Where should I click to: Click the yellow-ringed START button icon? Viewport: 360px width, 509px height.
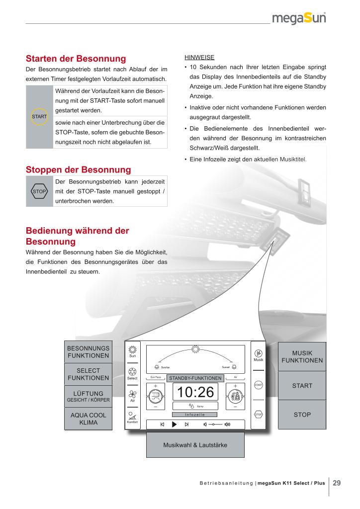coord(39,116)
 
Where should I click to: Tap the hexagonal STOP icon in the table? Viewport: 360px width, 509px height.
coord(39,191)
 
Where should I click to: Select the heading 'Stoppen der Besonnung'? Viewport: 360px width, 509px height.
coord(78,170)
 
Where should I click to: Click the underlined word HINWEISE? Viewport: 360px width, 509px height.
coord(196,57)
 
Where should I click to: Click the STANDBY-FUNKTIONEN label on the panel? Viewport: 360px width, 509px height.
coord(195,378)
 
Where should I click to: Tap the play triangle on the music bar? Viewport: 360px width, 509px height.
coord(174,424)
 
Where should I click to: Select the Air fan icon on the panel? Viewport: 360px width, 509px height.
coord(132,393)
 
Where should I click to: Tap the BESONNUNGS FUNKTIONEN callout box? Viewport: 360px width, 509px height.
coord(88,352)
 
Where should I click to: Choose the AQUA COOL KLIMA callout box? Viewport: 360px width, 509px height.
coord(88,419)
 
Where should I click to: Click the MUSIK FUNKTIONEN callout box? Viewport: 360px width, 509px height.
coord(302,356)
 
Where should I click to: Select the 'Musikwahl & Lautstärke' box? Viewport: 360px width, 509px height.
coord(195,445)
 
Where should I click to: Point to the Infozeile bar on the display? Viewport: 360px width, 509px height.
coord(195,415)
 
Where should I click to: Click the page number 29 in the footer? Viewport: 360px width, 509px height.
coord(337,483)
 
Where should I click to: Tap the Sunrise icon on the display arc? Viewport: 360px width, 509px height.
coord(157,366)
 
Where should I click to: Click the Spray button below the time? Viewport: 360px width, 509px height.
coord(195,406)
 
